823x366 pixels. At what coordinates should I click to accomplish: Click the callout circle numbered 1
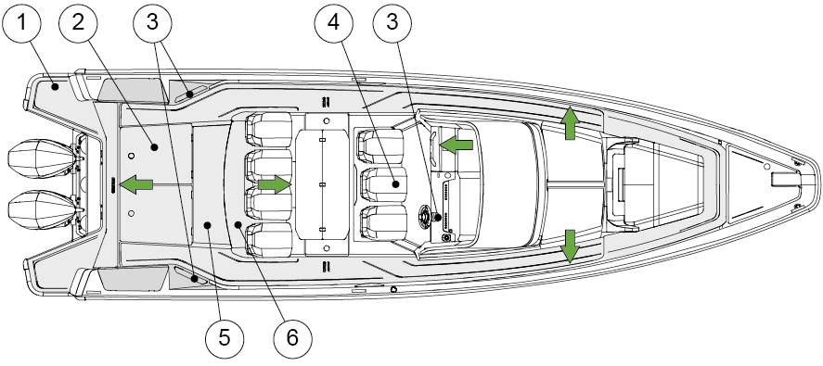click(21, 23)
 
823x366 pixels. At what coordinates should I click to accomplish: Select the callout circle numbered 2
click(78, 23)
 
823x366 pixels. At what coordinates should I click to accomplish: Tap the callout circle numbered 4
click(334, 23)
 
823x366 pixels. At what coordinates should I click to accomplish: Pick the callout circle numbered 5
click(225, 338)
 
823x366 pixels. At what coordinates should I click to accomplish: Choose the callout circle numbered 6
click(292, 338)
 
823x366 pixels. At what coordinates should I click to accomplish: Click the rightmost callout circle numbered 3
click(392, 23)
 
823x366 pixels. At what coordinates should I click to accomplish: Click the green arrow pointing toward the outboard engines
click(136, 184)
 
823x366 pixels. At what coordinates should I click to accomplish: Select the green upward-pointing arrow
click(570, 123)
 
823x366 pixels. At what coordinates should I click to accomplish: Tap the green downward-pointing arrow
click(570, 246)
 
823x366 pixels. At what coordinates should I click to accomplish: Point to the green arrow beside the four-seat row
click(274, 184)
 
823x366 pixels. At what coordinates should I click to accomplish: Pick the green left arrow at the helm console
click(457, 145)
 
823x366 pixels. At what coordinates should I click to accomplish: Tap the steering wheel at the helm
click(426, 216)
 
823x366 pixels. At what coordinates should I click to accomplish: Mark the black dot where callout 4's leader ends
click(395, 184)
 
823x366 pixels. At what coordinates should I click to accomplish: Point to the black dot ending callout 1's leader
click(55, 88)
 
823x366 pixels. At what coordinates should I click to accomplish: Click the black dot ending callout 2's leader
click(154, 147)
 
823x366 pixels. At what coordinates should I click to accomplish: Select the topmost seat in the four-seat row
click(269, 130)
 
